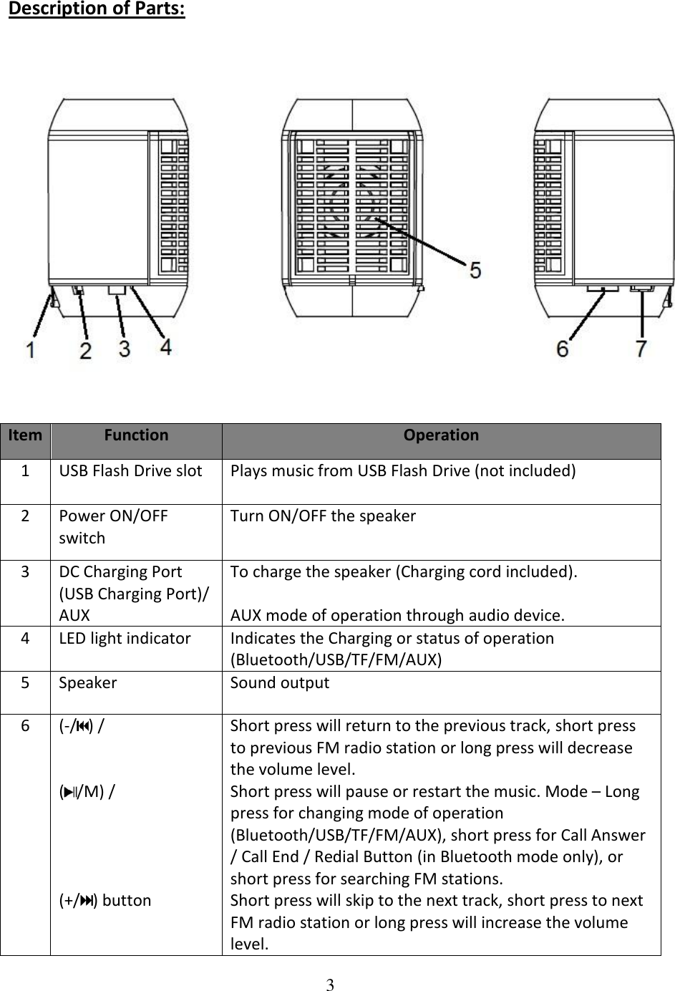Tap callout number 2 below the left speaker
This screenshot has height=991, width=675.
pos(85,351)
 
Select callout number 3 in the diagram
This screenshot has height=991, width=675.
pos(125,349)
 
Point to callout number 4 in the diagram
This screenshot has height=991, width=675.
pos(165,347)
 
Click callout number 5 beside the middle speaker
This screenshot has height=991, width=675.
pos(474,271)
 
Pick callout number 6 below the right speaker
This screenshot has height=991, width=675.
pos(563,348)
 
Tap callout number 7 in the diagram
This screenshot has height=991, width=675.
pos(641,348)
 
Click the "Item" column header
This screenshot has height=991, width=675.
pos(25,435)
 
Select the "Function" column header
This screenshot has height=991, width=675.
pos(136,435)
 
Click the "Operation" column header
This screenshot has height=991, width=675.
pos(441,435)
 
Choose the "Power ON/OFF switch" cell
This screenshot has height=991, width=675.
pos(113,526)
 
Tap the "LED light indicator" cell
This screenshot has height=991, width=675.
pos(125,638)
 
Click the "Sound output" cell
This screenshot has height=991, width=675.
pos(280,682)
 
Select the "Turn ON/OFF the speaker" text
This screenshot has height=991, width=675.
pos(323,516)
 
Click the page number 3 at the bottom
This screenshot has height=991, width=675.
pos(330,982)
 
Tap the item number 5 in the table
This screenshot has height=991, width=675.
pos(25,682)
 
